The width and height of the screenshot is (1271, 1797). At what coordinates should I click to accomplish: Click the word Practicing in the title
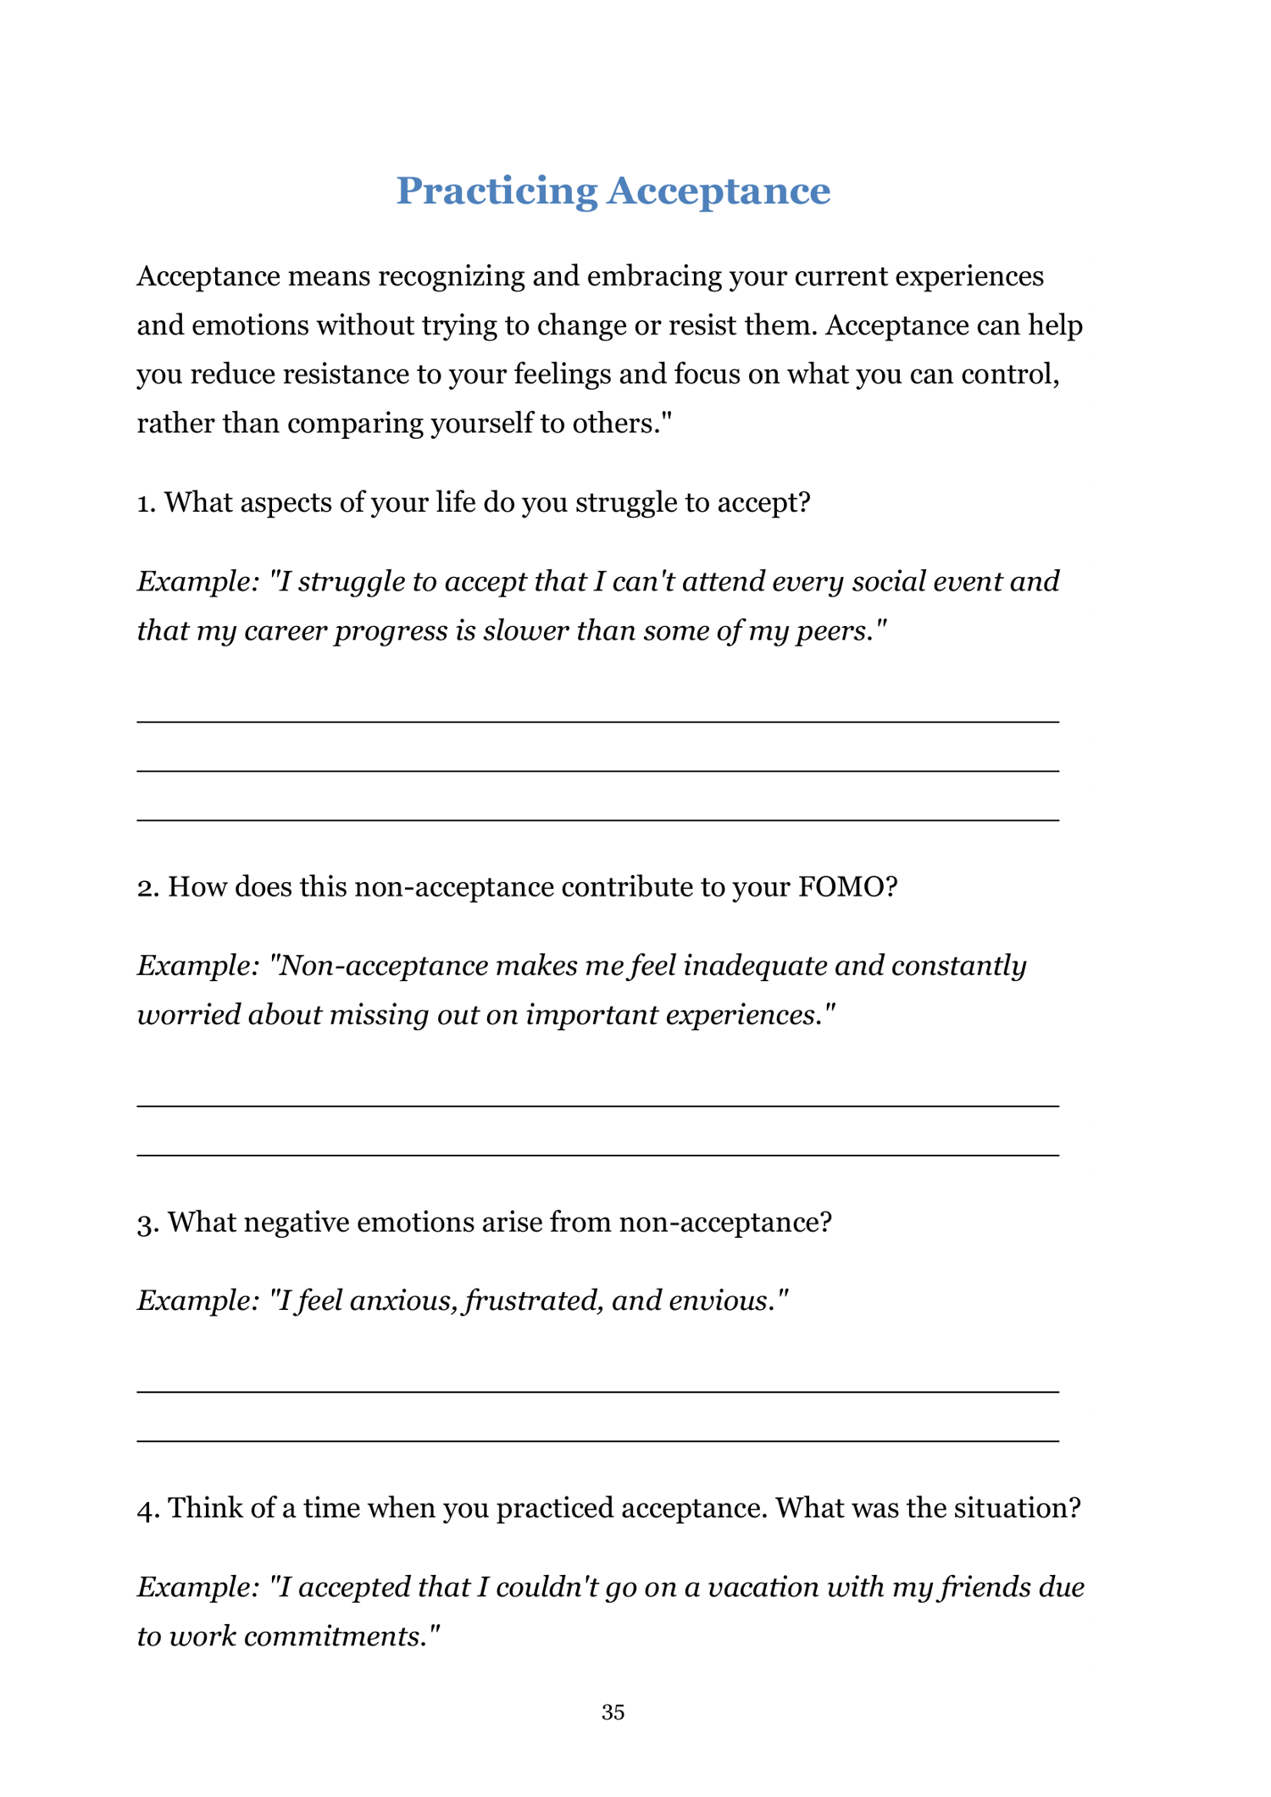point(497,191)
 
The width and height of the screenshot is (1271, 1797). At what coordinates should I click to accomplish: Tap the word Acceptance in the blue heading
point(718,191)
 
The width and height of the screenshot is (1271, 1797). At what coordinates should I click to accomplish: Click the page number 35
point(613,1712)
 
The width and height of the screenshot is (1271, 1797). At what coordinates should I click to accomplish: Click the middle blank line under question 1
point(597,770)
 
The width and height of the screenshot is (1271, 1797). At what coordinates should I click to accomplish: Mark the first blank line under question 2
point(597,1106)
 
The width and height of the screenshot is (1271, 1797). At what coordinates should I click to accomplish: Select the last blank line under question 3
point(597,1440)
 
